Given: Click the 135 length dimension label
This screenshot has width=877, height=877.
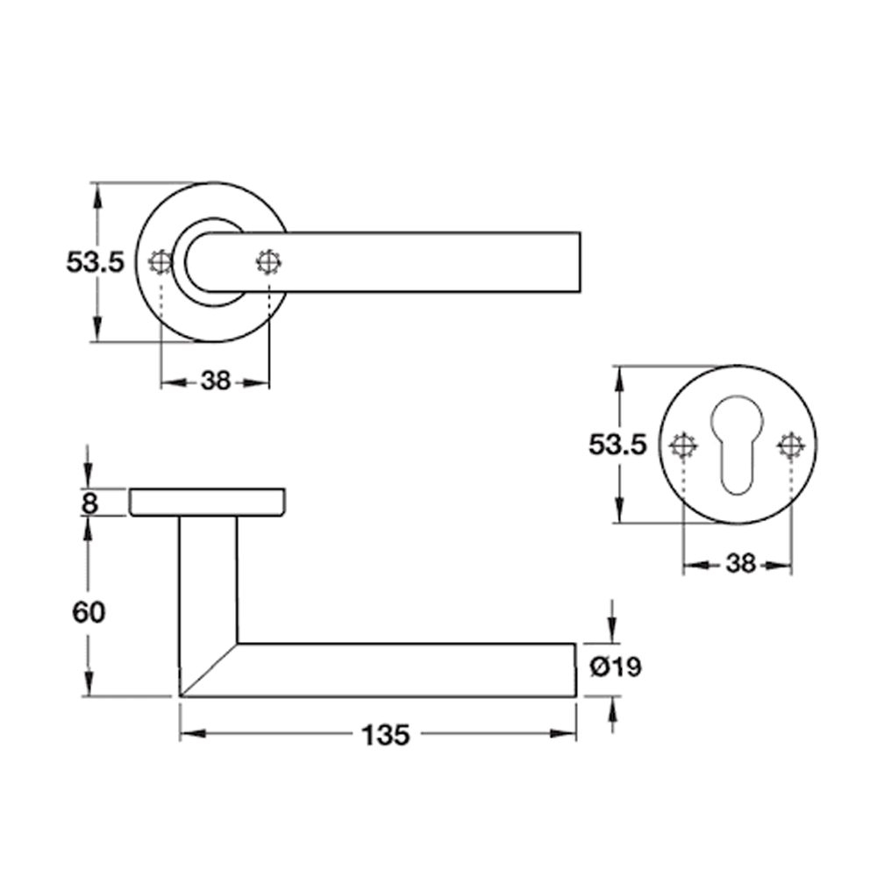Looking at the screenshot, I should (385, 735).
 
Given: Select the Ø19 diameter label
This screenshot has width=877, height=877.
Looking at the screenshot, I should (616, 667).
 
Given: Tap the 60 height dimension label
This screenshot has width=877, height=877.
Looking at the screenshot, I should (88, 612).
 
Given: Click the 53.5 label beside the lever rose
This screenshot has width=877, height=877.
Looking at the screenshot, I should (96, 261).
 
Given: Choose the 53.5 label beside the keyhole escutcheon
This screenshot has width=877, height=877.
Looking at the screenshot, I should (617, 446).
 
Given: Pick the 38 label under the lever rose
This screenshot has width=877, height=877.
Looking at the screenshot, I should (215, 381).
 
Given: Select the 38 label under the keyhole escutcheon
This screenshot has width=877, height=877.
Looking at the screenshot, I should (740, 565).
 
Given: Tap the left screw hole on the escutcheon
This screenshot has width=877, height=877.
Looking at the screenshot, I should (682, 446).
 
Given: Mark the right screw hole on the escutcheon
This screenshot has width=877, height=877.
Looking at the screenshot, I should (791, 446).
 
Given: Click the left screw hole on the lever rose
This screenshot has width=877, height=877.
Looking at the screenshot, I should (160, 261).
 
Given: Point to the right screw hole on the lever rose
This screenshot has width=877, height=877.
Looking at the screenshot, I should (268, 261).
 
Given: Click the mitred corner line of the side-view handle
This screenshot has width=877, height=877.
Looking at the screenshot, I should (209, 671).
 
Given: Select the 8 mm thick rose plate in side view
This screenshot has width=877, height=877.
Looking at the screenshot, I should (207, 503).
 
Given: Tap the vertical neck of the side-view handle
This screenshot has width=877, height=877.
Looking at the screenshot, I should (208, 579).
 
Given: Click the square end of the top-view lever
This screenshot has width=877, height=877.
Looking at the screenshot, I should (574, 261).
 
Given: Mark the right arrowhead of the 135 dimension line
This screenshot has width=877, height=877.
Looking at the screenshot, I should (566, 734).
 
